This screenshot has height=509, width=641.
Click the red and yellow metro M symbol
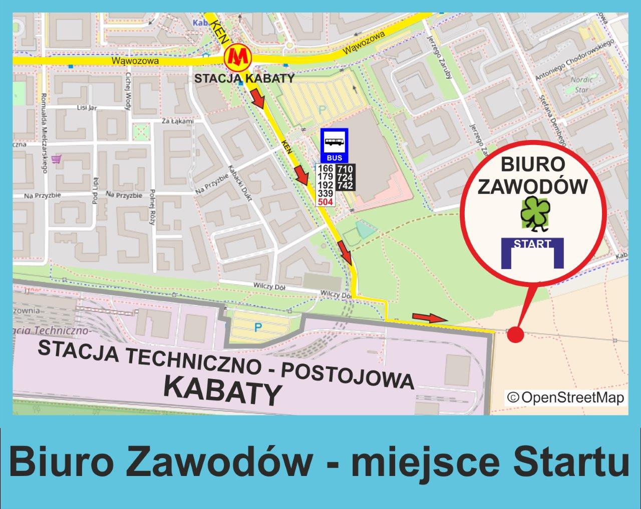tap(237, 58)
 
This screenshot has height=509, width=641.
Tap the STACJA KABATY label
tap(244, 78)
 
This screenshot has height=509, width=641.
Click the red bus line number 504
tap(326, 202)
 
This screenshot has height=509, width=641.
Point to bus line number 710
tap(345, 169)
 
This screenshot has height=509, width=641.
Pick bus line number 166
tap(326, 169)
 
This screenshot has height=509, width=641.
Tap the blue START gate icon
tap(532, 253)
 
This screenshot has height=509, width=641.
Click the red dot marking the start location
tap(515, 334)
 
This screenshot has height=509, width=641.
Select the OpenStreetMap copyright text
tap(565, 397)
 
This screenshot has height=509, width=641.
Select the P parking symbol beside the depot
tap(258, 327)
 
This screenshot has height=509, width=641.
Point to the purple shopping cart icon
tap(60, 159)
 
